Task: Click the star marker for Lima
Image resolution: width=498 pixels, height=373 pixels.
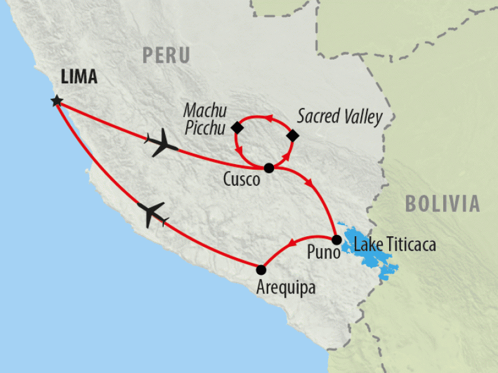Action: pos(57,100)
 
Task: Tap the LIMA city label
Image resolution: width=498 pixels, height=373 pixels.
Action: pos(78,77)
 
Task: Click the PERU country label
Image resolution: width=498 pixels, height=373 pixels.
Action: pos(166,55)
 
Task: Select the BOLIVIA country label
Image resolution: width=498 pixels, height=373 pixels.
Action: pos(443,203)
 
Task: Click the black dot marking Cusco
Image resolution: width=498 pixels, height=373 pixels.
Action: pos(269,168)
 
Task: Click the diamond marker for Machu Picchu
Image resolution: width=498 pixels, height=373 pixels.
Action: pos(237,127)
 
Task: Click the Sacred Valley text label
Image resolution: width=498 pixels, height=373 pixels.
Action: pos(339,116)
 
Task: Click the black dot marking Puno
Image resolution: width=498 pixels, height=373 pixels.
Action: pos(336,240)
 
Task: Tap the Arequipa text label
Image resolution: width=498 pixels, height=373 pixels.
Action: pos(285,288)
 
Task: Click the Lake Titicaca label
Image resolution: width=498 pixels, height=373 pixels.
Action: pos(395,244)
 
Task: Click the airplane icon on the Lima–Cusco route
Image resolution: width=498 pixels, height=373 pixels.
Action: pos(161,142)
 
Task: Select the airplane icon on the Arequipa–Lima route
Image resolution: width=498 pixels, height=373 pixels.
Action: pos(151,214)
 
